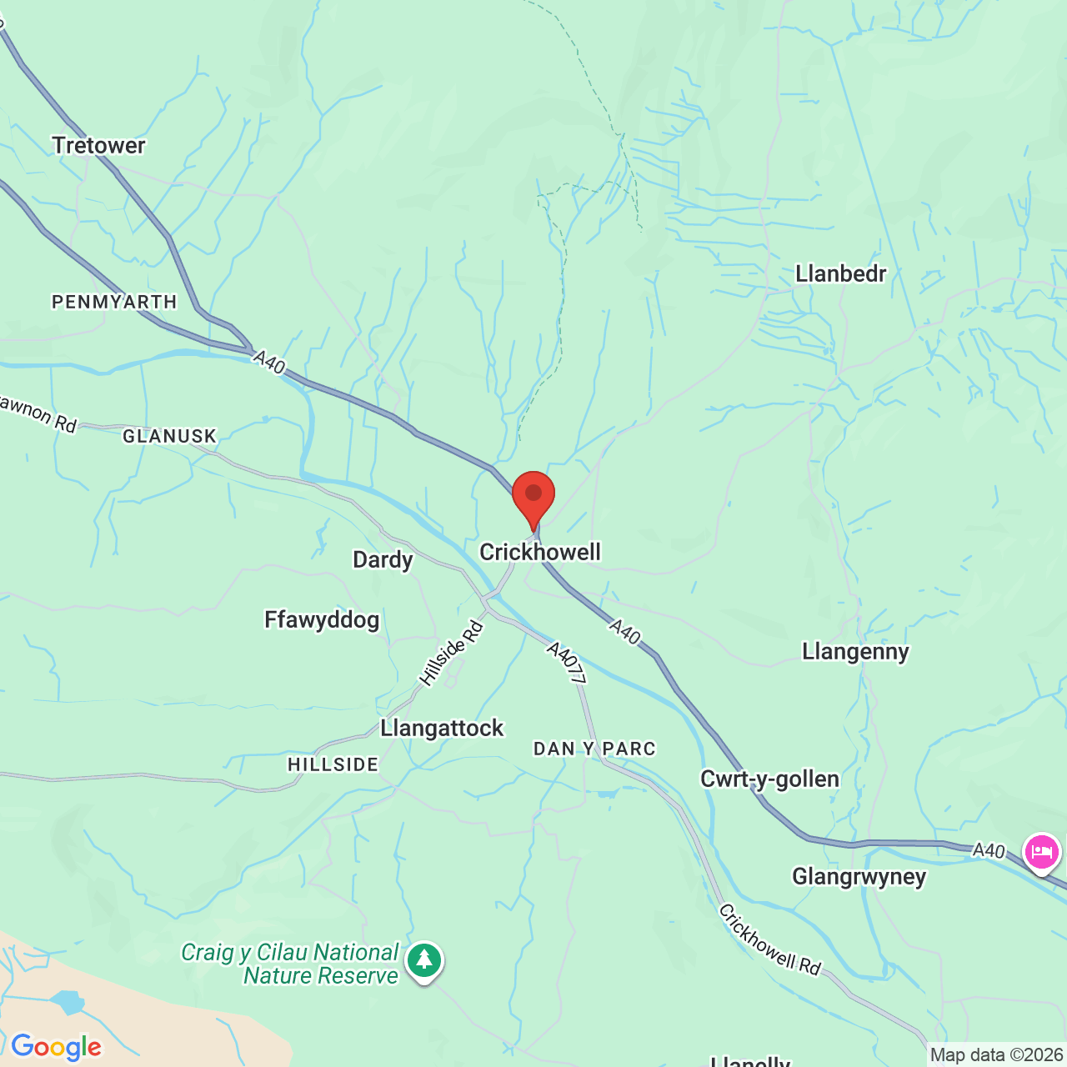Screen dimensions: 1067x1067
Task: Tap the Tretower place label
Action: tap(98, 145)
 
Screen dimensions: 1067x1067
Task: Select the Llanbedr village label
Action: tap(840, 273)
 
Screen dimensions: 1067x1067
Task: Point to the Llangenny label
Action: tap(855, 651)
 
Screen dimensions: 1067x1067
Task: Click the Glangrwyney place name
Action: tap(859, 876)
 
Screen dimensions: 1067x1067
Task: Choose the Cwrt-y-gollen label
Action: tap(769, 779)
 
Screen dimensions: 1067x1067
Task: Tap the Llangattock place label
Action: tap(442, 728)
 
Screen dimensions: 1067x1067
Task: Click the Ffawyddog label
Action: tap(322, 619)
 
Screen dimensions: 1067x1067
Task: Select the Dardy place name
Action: tap(383, 559)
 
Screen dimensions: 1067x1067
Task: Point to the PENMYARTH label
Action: tap(114, 302)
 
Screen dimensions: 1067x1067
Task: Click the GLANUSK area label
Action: tap(169, 436)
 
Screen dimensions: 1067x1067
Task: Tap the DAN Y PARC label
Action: tap(594, 749)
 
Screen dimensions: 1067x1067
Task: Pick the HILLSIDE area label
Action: tap(333, 764)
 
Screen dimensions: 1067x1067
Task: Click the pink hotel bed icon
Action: tap(1042, 852)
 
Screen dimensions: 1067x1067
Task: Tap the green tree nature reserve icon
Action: tap(424, 960)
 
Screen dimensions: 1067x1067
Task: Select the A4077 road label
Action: tap(567, 663)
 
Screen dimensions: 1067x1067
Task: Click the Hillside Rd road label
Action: tap(451, 654)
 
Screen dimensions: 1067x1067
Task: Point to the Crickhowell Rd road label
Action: tap(769, 939)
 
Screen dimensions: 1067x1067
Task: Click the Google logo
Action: tap(56, 1047)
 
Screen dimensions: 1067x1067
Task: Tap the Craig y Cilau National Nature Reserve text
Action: tap(290, 964)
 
